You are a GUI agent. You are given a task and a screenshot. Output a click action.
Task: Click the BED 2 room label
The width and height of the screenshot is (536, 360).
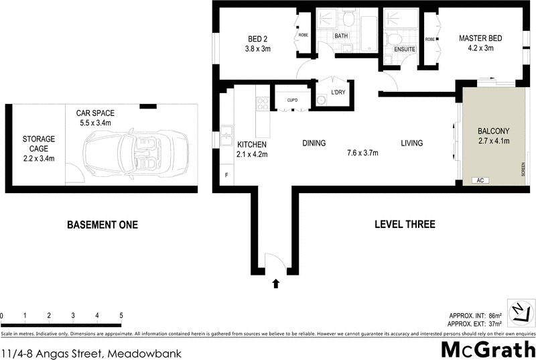point(257,38)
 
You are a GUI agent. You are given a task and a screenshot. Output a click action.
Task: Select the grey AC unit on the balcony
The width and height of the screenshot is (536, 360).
point(479,180)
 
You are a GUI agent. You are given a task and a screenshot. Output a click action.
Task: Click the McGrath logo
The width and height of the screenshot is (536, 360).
point(487,350)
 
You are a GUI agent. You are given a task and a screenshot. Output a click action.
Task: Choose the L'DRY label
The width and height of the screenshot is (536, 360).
point(338,93)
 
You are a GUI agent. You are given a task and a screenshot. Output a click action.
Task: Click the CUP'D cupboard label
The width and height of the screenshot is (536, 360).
point(292,101)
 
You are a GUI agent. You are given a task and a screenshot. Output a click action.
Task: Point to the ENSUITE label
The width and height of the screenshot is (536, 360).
point(405,50)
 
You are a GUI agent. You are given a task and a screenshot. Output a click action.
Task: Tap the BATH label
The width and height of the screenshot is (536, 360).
point(341,36)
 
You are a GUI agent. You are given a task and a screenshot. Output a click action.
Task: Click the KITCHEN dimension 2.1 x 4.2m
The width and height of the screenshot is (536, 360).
point(253,154)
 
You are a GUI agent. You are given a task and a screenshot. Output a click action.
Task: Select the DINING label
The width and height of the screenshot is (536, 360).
point(314,143)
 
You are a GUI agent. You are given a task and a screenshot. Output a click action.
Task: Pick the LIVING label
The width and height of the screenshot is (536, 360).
point(412,143)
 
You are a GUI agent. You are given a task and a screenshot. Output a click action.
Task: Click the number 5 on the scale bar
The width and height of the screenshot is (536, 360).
point(121,314)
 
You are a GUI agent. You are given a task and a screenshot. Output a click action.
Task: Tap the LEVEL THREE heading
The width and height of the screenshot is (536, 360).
point(405,224)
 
